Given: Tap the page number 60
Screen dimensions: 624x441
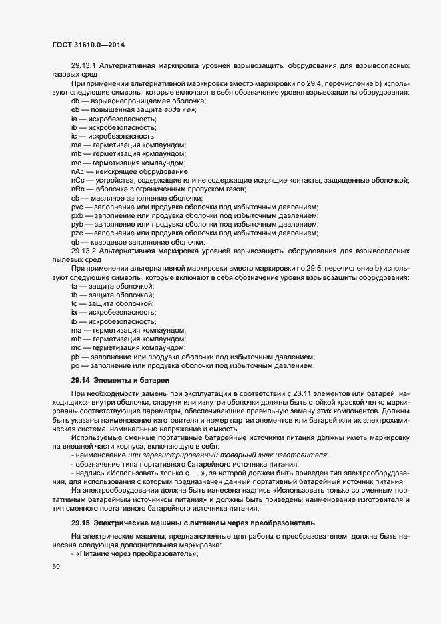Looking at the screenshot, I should [55, 567].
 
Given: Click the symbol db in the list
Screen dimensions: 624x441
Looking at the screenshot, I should [75, 101].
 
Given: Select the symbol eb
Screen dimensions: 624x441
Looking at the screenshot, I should [75, 109].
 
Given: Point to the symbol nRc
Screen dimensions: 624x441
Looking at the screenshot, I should [77, 189].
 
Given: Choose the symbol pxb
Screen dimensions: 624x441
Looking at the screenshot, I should [77, 216].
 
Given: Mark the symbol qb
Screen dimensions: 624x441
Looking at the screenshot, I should [75, 242].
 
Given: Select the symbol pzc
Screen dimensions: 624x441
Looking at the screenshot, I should [77, 233].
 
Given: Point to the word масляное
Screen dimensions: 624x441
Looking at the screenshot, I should [109, 198].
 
